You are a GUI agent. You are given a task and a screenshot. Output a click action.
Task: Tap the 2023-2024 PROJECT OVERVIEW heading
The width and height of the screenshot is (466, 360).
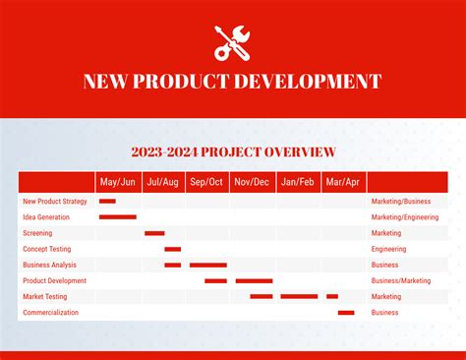[233, 151]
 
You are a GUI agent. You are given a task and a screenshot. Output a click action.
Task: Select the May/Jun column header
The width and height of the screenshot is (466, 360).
[118, 182]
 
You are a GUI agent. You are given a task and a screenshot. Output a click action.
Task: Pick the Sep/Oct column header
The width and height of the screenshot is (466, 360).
[206, 182]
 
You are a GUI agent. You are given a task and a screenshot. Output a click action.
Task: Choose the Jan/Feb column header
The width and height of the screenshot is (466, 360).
[297, 182]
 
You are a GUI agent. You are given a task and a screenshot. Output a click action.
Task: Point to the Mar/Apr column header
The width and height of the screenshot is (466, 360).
[342, 182]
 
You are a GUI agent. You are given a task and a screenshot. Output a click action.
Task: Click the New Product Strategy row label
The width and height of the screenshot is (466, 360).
[55, 202]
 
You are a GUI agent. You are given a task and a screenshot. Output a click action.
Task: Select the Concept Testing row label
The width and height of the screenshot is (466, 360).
[47, 249]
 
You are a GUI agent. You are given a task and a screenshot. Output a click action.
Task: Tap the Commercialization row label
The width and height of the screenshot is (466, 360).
[50, 313]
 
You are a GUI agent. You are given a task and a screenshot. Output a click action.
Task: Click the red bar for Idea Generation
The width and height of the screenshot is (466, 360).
[118, 217]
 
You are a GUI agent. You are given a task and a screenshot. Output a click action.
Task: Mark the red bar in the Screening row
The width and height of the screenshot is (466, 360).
[154, 233]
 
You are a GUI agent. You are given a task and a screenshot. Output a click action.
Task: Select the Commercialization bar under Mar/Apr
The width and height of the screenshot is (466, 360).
[346, 313]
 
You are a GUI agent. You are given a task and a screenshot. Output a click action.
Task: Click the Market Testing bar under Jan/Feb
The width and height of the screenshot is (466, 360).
[299, 296]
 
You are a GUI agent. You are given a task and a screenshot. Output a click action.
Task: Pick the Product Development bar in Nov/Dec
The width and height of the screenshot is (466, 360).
[254, 280]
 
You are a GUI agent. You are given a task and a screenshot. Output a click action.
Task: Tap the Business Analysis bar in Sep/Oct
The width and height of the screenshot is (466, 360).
[207, 265]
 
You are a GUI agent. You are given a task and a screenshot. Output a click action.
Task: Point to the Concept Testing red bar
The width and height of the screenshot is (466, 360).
[172, 249]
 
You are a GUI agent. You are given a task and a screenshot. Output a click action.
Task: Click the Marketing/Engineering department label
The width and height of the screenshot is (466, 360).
[404, 217]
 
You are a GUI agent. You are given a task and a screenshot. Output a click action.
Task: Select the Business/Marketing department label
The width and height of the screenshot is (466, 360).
[400, 280]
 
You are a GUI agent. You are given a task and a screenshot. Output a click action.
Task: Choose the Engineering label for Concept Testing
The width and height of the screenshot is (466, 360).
[388, 249]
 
